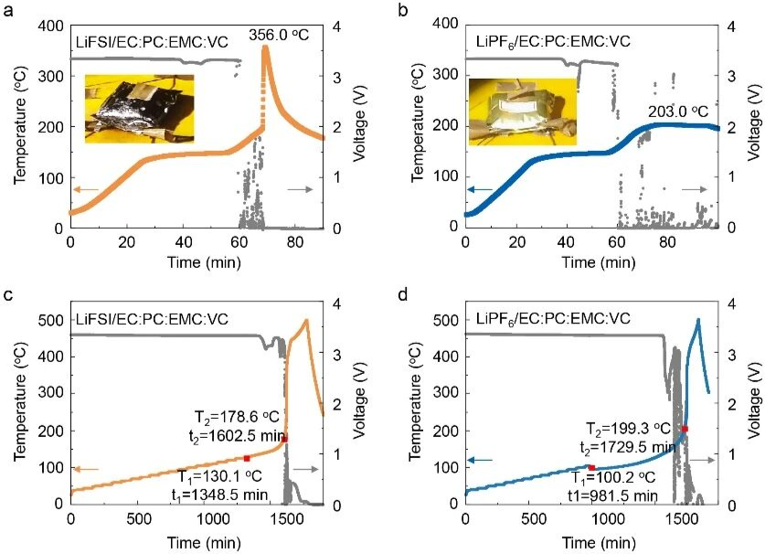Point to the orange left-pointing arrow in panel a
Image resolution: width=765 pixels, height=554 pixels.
pos(87,189)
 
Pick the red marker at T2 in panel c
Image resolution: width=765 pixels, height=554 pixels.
pos(284,439)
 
